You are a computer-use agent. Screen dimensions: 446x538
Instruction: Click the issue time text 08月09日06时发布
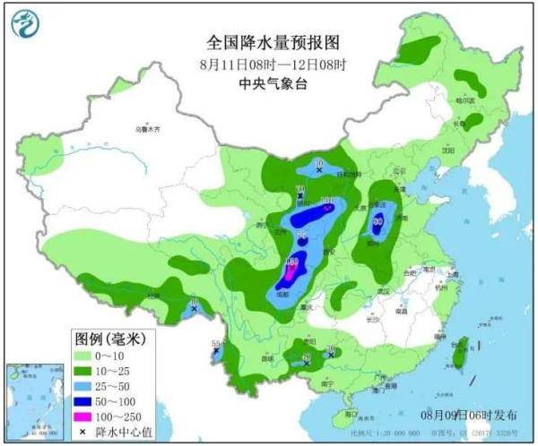pyautogui.click(x=468, y=416)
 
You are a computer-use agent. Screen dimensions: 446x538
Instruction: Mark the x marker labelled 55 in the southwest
pyautogui.click(x=215, y=352)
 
